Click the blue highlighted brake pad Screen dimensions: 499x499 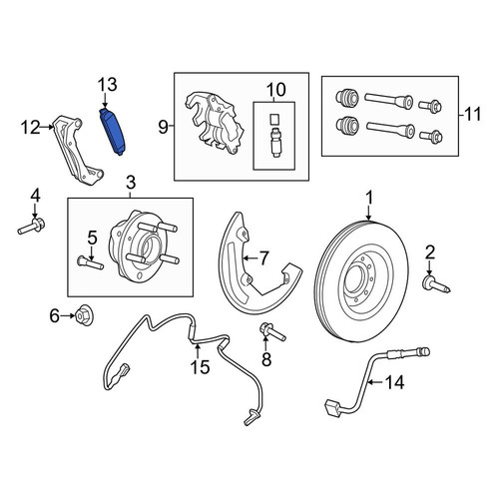click(x=112, y=132)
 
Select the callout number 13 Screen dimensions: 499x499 click(x=107, y=85)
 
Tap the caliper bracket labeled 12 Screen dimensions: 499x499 click(x=79, y=150)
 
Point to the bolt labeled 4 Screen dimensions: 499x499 click(x=32, y=227)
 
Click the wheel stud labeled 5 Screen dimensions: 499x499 click(x=90, y=262)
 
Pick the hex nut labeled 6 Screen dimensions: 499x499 click(x=81, y=315)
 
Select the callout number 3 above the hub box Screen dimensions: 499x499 click(x=131, y=183)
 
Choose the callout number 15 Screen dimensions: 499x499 click(x=200, y=367)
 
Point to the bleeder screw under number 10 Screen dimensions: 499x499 click(x=274, y=143)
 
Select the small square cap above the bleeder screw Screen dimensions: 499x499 click(x=274, y=119)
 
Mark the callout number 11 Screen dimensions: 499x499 click(x=472, y=114)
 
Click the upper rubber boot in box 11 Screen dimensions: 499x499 click(x=347, y=98)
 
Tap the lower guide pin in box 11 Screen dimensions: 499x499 click(x=390, y=129)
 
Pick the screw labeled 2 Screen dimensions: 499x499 click(x=436, y=284)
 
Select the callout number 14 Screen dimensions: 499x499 click(x=395, y=382)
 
